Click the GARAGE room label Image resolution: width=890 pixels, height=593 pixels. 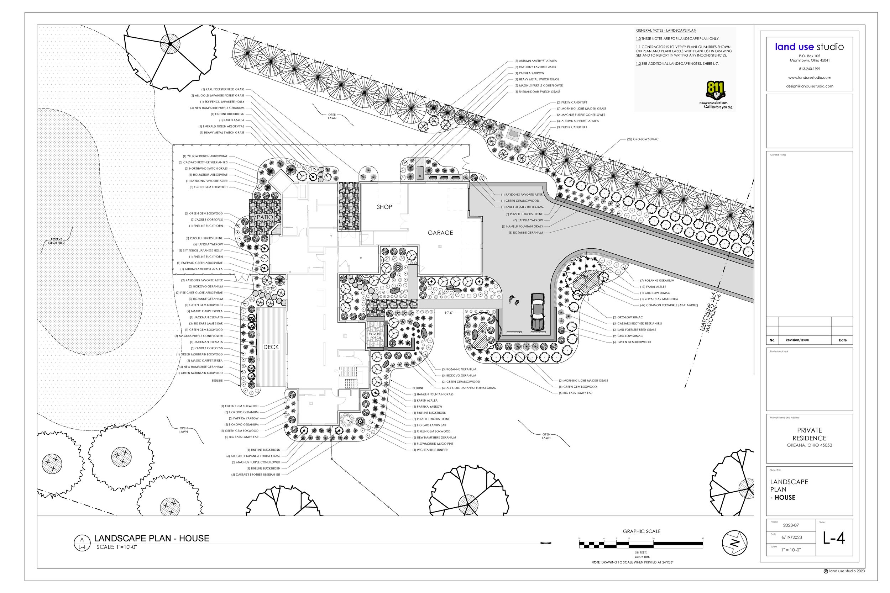[x=440, y=233]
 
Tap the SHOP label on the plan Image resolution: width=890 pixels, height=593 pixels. [x=384, y=207]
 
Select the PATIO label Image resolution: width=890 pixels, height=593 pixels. [x=265, y=217]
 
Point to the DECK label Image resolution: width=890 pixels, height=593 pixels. [x=271, y=347]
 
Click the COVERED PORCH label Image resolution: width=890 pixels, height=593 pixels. [x=375, y=336]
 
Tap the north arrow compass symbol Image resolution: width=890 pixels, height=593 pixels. [x=734, y=543]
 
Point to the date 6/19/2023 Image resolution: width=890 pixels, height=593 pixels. [x=792, y=538]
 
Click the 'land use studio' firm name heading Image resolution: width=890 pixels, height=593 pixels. [x=809, y=47]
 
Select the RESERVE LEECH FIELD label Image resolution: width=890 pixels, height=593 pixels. [x=56, y=241]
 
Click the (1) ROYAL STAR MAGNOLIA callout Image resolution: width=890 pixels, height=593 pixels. [x=659, y=299]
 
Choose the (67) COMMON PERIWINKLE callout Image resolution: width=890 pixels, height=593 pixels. [x=669, y=305]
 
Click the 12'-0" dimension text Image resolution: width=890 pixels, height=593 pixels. [x=449, y=313]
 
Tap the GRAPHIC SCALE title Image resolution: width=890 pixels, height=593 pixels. [x=642, y=531]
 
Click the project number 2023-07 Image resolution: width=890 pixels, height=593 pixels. [x=791, y=525]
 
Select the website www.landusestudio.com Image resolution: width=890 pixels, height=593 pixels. [x=810, y=78]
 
